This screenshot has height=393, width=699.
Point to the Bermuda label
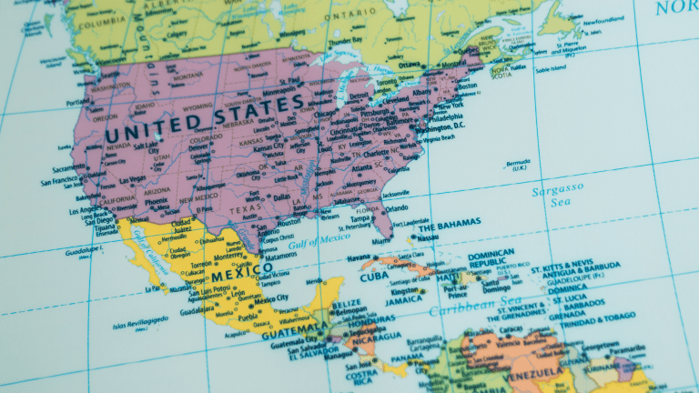pos(516,165)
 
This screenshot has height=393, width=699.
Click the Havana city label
pos(360,257)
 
